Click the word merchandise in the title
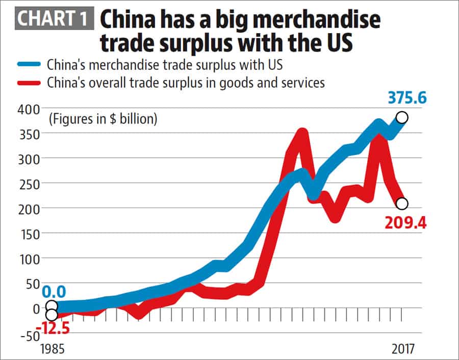pos(315,20)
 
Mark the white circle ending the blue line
pos(402,118)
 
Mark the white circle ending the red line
pos(402,203)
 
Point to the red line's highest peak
pos(301,134)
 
